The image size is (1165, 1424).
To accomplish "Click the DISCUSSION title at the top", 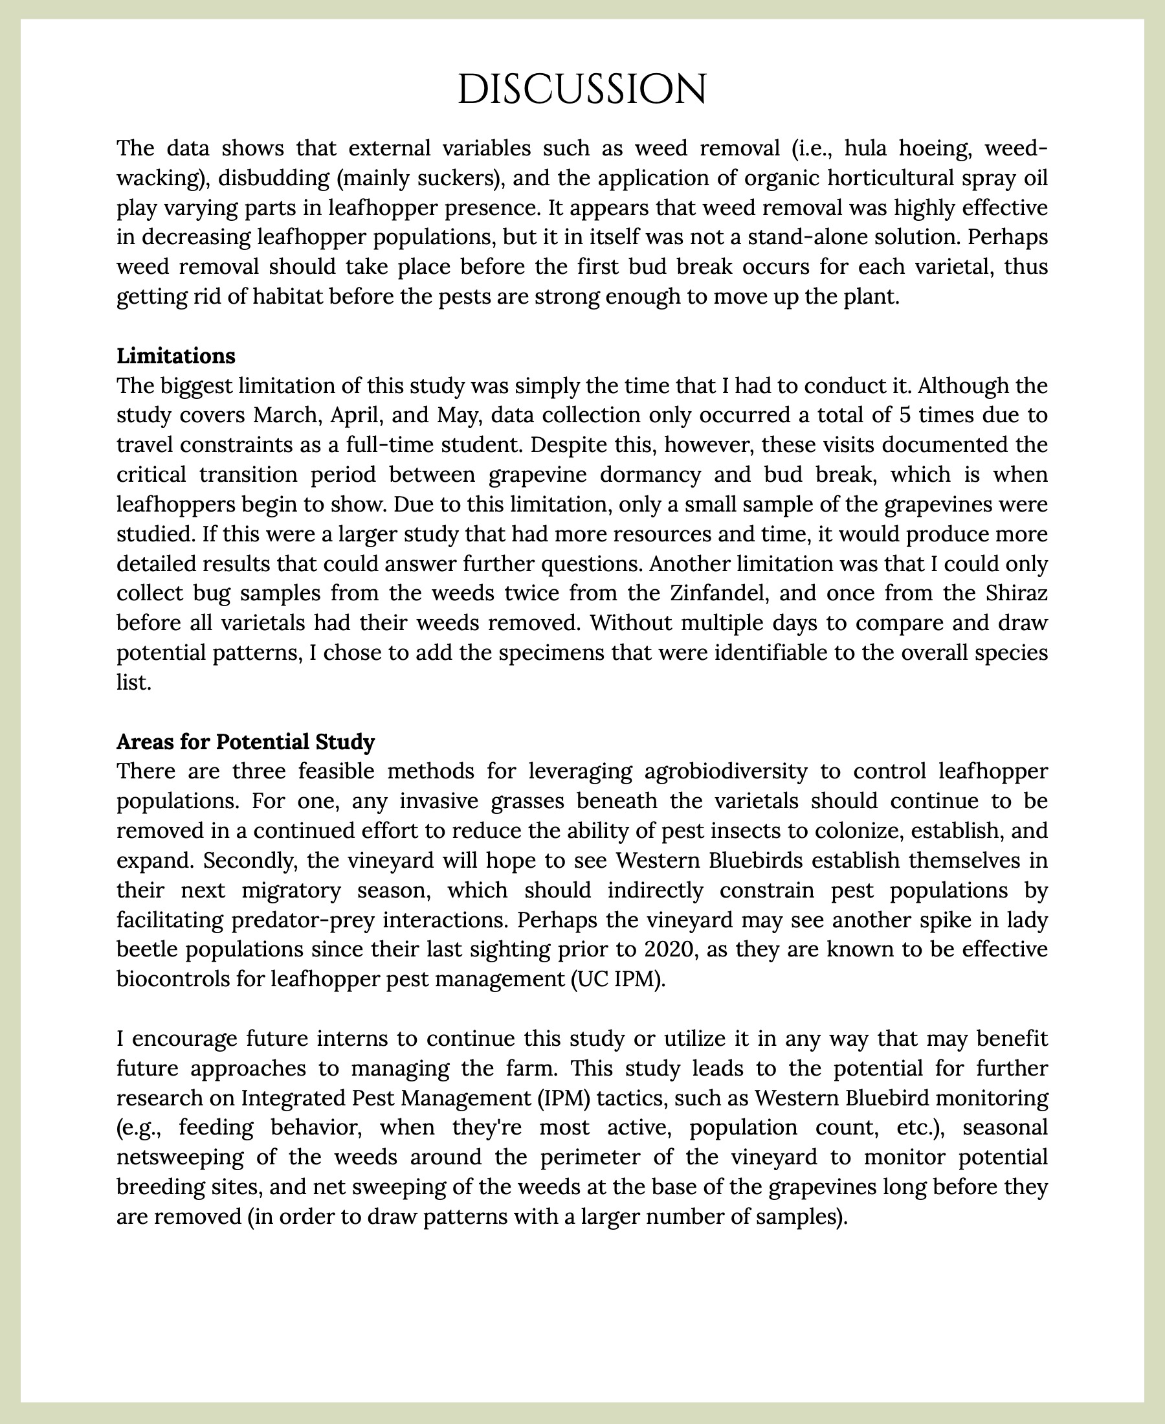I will [x=582, y=89].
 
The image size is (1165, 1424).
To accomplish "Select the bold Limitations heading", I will [x=176, y=356].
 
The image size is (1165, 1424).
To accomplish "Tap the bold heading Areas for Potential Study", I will [x=245, y=742].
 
